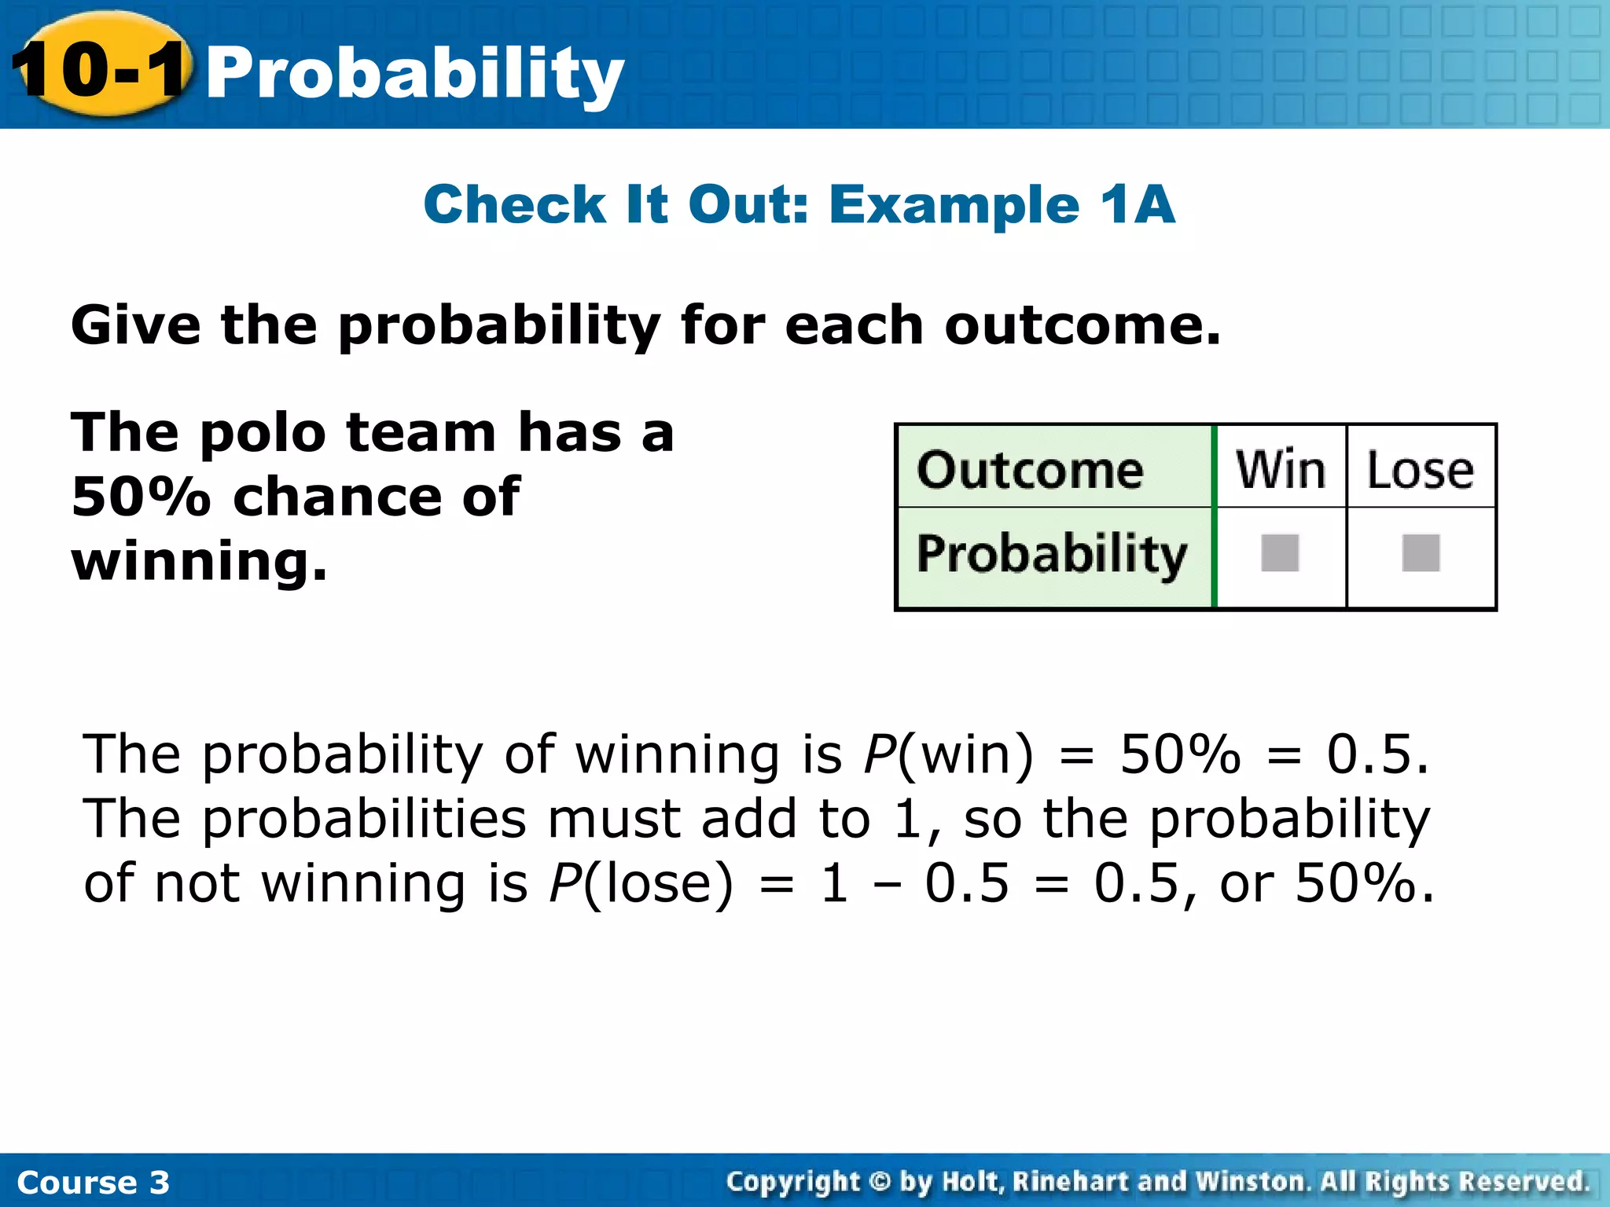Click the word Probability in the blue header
[x=414, y=72]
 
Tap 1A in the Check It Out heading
[x=1137, y=204]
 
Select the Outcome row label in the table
[x=1030, y=470]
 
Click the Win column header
[x=1281, y=470]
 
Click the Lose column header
[x=1420, y=470]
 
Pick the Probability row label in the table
[x=1051, y=554]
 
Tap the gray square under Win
[x=1280, y=553]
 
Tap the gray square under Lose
[x=1421, y=553]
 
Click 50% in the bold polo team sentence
[x=141, y=497]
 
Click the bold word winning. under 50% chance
[x=199, y=561]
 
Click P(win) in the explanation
[x=948, y=754]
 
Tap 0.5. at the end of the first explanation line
[x=1377, y=754]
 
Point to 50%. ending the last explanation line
[x=1364, y=883]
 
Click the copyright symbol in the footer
[x=880, y=1181]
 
